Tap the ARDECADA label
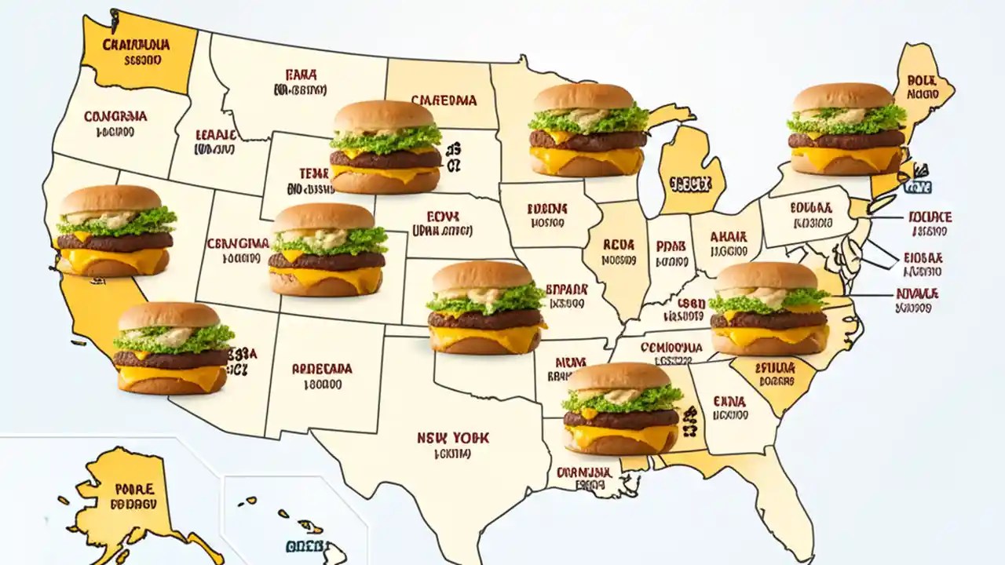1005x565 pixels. (x=322, y=368)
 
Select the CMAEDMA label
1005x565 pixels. (x=444, y=100)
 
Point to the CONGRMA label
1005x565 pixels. (x=115, y=116)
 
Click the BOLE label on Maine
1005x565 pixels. (x=916, y=80)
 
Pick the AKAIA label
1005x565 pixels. (x=728, y=235)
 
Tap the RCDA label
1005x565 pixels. (x=619, y=245)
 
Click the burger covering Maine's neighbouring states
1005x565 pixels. (x=846, y=129)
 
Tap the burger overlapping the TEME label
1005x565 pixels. (x=385, y=147)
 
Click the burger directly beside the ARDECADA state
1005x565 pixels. (x=174, y=348)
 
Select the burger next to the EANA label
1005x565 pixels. (x=622, y=408)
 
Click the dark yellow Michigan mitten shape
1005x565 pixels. (x=689, y=177)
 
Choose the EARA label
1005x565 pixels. (x=301, y=75)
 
